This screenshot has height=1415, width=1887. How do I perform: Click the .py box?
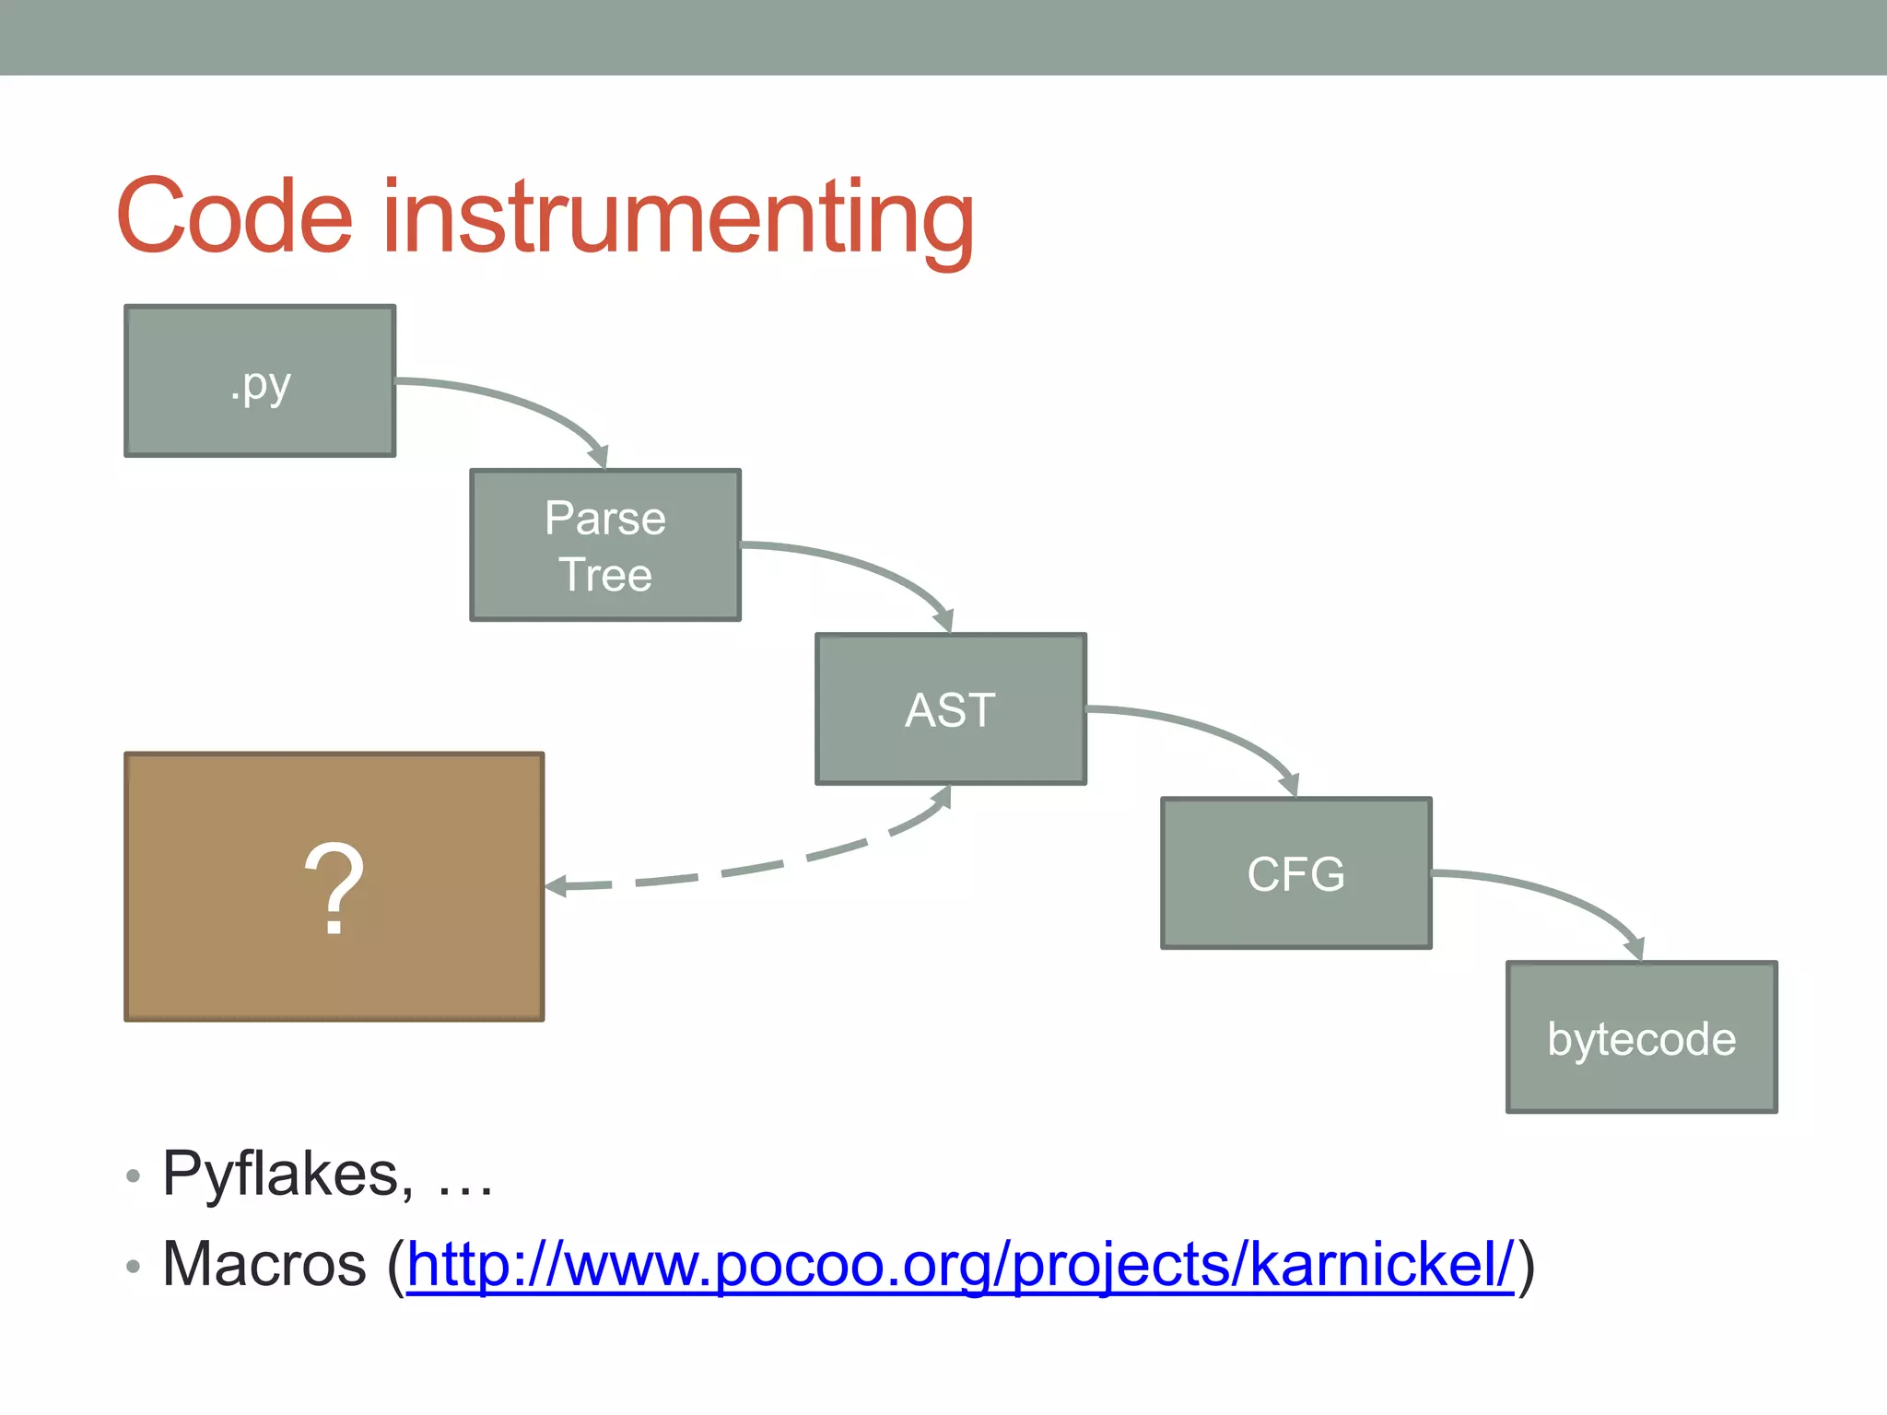pos(260,380)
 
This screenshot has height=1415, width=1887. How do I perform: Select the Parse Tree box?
pos(605,545)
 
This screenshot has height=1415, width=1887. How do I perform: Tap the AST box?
pos(950,709)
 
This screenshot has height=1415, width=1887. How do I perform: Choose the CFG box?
pos(1295,873)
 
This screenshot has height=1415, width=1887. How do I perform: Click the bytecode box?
pos(1641,1038)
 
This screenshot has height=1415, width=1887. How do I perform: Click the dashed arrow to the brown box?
pos(756,868)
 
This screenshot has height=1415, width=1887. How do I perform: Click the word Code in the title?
pos(235,216)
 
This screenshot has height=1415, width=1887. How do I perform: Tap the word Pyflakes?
pos(281,1175)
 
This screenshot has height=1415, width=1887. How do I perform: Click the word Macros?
pos(264,1264)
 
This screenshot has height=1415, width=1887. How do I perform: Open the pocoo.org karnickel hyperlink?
pos(958,1265)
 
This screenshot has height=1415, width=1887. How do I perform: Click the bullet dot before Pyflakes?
pos(133,1176)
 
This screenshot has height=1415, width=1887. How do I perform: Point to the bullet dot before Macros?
pos(133,1267)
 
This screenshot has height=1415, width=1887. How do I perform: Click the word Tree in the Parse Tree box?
pos(605,575)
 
